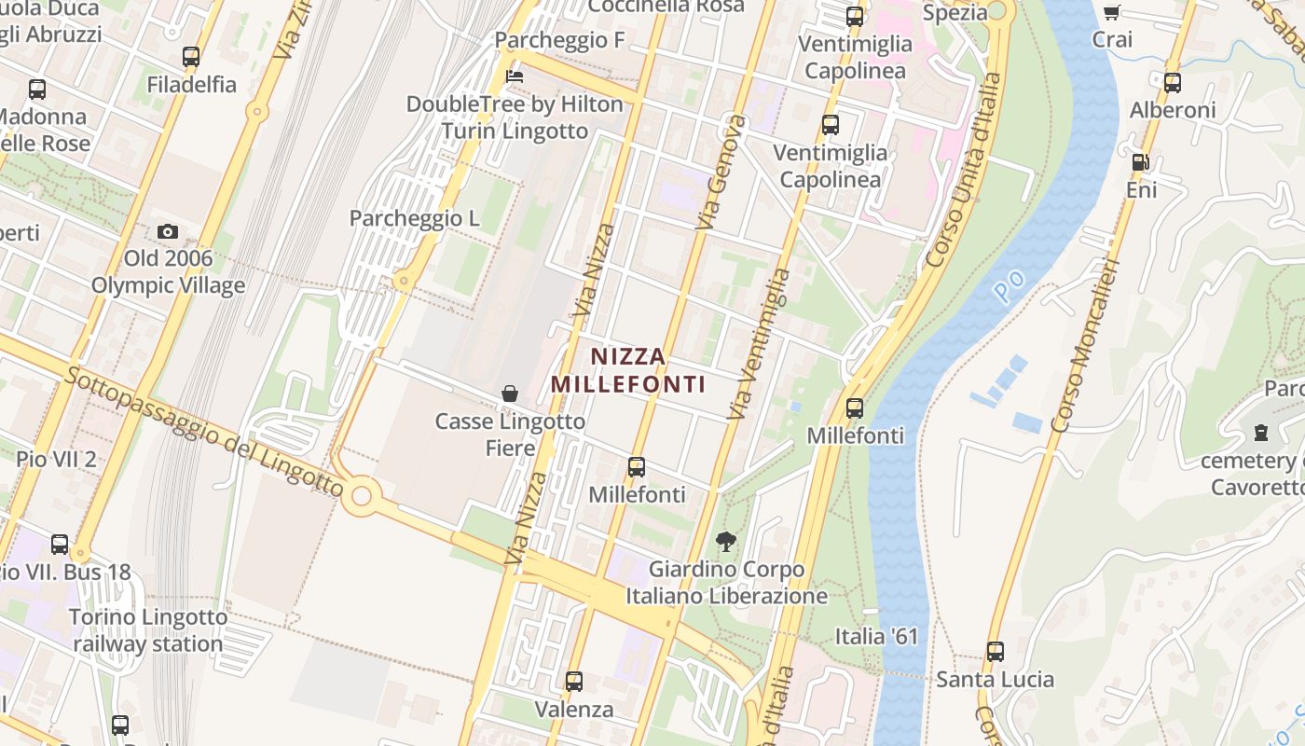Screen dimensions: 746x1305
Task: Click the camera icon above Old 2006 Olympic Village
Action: coord(168,231)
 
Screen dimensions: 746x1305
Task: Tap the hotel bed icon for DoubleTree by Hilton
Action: coord(514,76)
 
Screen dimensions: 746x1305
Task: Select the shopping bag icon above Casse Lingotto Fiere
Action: coord(510,394)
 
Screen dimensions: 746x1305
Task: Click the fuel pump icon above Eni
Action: coord(1140,162)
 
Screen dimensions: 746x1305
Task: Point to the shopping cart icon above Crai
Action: coord(1111,12)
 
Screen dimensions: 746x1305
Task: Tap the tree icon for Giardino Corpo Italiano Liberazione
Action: coord(725,541)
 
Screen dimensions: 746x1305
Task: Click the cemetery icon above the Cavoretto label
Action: coord(1261,433)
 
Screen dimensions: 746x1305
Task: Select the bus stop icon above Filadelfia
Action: coord(191,57)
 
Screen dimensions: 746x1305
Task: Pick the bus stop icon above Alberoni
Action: coord(1173,82)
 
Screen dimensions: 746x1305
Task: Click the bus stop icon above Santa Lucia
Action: coord(996,651)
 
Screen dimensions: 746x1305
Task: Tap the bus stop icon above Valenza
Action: coord(574,682)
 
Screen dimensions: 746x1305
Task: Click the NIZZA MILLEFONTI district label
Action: coord(628,370)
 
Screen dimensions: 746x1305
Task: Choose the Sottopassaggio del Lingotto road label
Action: coord(204,431)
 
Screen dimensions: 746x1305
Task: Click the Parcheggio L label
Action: coord(414,218)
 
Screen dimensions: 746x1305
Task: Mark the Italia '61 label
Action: coord(876,637)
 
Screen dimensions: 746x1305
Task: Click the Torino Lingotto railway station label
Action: coord(148,630)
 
